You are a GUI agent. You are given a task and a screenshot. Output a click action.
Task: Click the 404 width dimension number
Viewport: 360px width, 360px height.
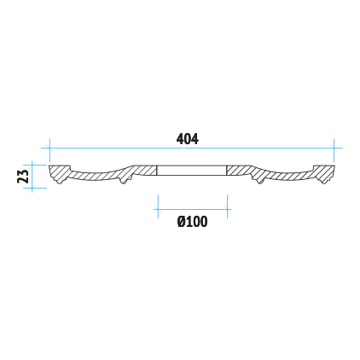188,139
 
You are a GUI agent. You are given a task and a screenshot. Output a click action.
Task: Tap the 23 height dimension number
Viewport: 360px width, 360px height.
23,177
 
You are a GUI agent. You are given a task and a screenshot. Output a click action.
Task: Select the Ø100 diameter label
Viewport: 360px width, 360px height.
192,222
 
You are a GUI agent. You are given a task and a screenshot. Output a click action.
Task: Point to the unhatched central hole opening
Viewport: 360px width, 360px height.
192,171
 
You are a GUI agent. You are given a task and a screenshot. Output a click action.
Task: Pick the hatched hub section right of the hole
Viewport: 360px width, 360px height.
240,171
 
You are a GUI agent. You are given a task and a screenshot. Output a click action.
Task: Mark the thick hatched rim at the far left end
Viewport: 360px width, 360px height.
59,173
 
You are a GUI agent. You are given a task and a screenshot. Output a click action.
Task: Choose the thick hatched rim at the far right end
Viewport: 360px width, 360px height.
324,173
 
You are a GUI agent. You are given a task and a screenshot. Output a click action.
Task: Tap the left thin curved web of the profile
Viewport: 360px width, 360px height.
96,175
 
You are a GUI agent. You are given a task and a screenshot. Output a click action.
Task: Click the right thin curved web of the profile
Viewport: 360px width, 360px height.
287,175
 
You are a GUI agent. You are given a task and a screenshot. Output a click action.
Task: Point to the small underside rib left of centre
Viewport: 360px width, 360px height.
124,181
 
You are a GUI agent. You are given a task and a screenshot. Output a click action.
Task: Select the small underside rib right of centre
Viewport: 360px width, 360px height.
260,181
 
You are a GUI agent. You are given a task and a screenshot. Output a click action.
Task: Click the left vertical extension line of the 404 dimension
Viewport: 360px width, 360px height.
49,150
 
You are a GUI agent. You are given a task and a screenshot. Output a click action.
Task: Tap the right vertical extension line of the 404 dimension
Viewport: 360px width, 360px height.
334,150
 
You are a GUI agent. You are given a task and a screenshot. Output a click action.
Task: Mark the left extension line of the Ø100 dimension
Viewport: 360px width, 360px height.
158,206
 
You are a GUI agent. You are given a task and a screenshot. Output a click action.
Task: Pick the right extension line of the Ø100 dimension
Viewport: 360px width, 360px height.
227,206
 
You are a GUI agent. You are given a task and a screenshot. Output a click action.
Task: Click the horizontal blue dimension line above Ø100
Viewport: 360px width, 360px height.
193,210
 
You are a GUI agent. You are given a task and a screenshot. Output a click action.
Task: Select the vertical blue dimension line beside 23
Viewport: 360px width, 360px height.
32,177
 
